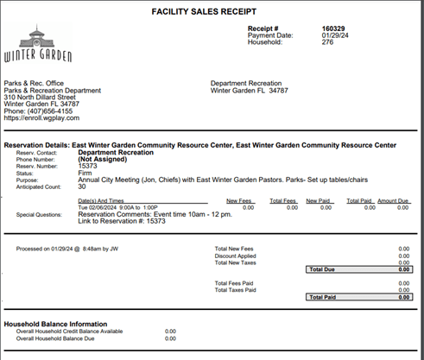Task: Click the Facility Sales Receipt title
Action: click(212, 12)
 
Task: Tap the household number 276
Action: click(303, 42)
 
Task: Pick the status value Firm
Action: click(85, 172)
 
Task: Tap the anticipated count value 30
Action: click(82, 186)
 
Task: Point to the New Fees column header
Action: click(239, 200)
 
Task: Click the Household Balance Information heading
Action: click(56, 324)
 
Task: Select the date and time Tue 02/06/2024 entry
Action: click(115, 207)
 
